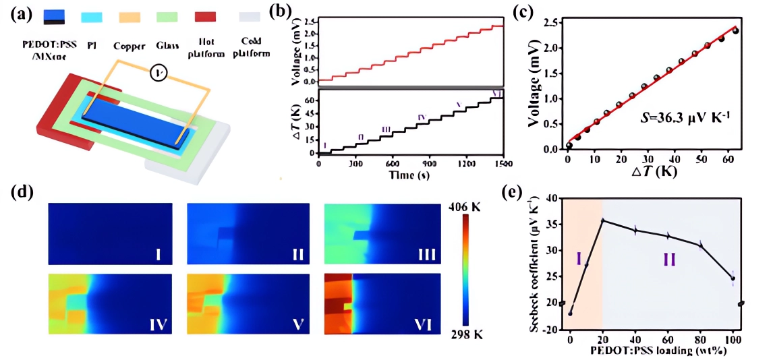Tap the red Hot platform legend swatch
(x=210, y=16)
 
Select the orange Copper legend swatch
(x=130, y=16)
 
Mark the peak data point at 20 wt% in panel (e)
(x=602, y=220)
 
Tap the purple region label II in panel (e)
(x=668, y=259)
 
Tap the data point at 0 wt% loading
(x=570, y=313)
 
